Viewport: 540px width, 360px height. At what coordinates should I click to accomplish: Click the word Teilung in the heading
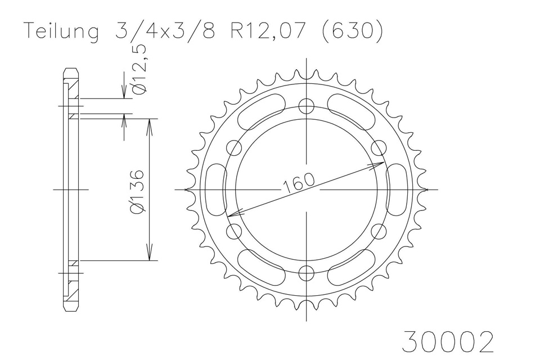62,31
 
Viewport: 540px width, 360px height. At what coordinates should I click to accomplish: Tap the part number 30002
448,341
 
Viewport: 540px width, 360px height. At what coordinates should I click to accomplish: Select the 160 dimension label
299,182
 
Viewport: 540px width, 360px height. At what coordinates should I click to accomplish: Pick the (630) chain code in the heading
352,31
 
